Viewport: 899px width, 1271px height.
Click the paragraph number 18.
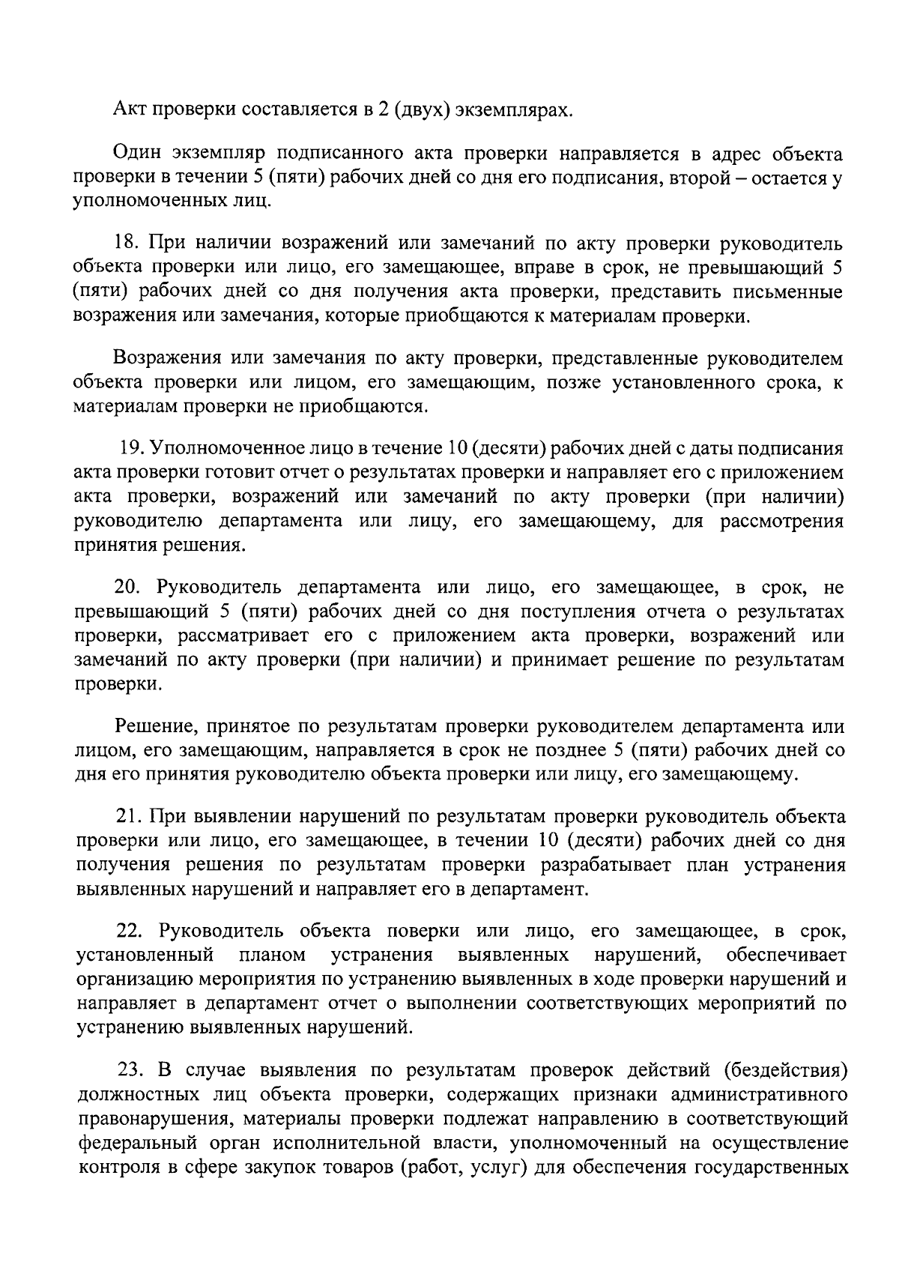[124, 244]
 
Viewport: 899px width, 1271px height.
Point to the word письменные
[790, 292]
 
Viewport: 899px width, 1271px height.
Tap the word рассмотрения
[782, 521]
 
